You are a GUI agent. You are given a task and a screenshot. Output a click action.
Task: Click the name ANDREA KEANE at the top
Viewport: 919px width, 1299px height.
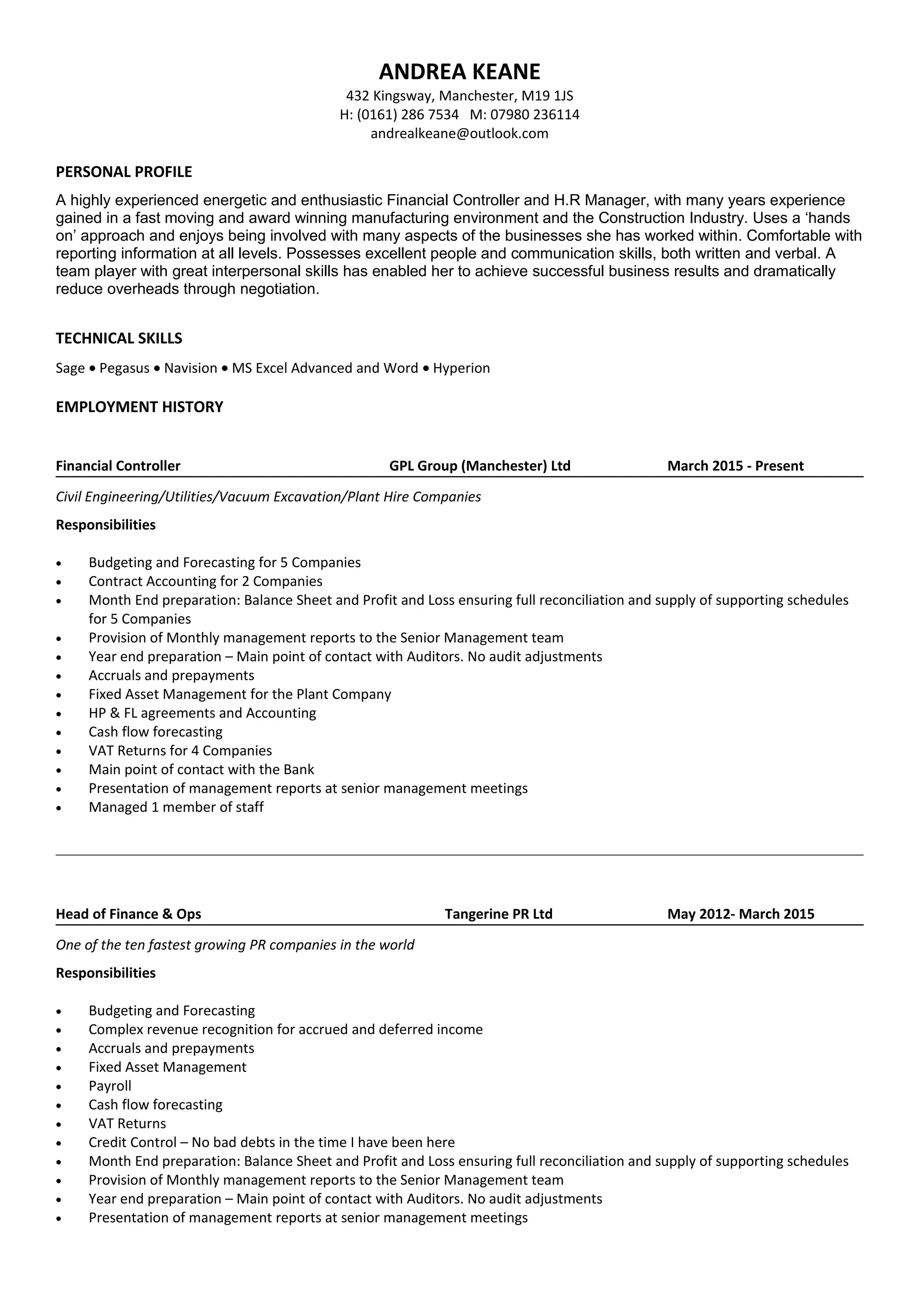click(459, 72)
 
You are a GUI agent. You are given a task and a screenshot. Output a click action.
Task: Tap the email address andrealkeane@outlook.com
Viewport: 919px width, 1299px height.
click(459, 134)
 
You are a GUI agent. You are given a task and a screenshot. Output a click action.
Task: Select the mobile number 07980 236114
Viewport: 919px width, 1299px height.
click(534, 115)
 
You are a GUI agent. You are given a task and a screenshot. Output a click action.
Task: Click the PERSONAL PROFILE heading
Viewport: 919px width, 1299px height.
click(124, 172)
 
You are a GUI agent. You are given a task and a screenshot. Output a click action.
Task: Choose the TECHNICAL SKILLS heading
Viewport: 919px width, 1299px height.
click(119, 338)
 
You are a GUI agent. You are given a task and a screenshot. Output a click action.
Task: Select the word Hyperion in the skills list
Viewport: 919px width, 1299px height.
click(461, 368)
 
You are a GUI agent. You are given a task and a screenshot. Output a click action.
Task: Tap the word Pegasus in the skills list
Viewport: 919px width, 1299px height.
click(125, 368)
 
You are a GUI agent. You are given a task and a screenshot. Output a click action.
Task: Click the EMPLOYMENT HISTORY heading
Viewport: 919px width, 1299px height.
click(139, 407)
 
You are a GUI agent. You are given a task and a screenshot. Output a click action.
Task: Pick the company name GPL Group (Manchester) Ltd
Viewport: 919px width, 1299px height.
click(480, 466)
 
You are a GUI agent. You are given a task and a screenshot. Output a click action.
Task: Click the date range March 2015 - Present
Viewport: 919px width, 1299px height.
click(735, 466)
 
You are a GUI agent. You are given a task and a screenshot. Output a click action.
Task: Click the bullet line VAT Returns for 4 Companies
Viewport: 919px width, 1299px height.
click(180, 751)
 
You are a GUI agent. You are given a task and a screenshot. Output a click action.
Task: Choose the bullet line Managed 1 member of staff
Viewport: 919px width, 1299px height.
click(176, 807)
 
